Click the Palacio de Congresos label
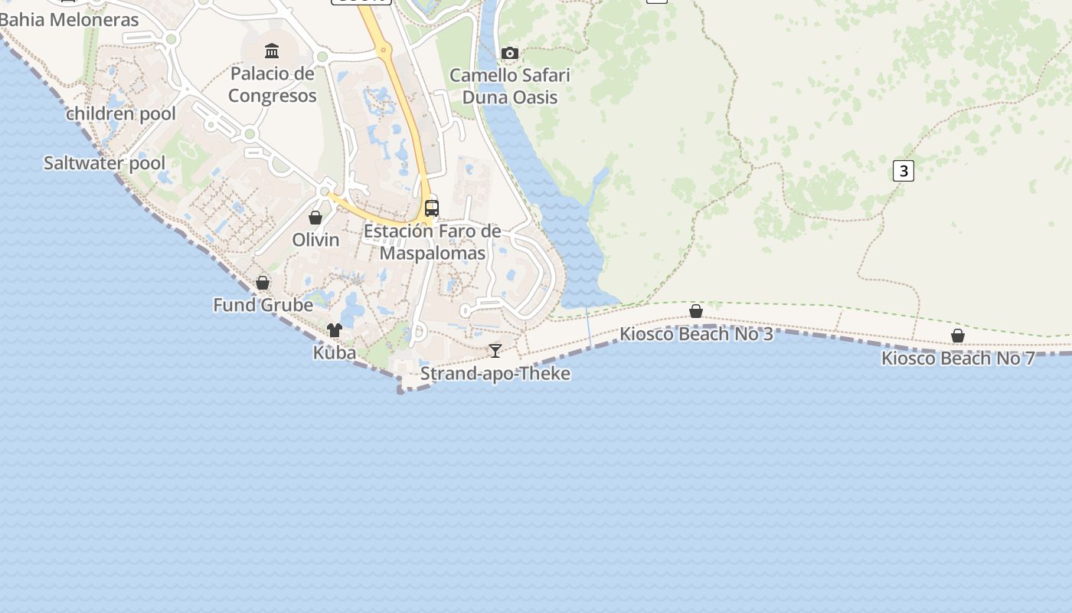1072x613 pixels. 272,85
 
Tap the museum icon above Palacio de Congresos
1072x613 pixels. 272,51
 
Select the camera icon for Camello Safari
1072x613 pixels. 509,53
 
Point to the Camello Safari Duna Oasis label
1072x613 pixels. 510,87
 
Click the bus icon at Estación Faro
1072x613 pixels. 432,208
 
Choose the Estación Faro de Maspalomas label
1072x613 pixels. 433,242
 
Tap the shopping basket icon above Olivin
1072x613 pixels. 315,218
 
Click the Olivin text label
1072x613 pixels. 315,240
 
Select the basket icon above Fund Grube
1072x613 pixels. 263,283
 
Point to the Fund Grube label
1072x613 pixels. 263,305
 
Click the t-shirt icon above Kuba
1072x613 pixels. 335,330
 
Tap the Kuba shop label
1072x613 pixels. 335,352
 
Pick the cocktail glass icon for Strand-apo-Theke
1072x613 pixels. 495,351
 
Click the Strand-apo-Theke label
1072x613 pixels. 495,374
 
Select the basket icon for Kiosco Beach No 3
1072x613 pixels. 696,311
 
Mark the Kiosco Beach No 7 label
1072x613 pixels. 958,358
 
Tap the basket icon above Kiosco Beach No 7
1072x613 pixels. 958,336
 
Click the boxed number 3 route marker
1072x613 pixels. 904,171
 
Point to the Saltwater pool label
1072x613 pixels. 104,163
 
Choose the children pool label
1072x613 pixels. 121,114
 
